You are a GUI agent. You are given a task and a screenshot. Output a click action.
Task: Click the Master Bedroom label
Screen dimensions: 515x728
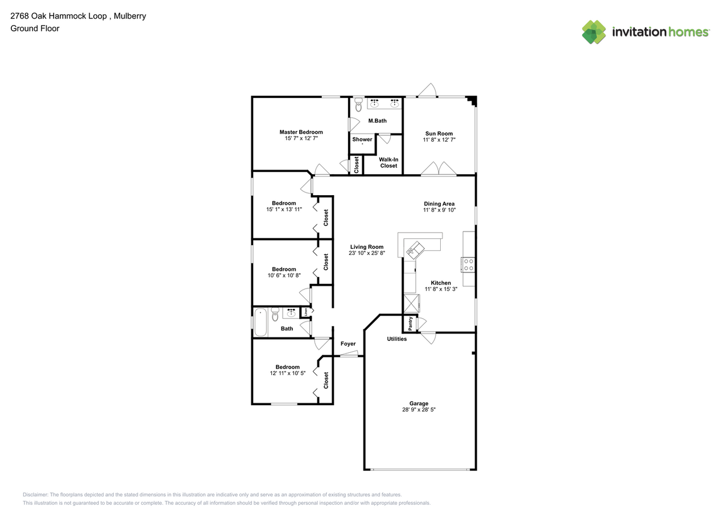[x=301, y=132]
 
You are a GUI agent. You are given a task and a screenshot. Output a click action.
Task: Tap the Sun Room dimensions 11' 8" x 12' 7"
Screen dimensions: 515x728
[x=439, y=139]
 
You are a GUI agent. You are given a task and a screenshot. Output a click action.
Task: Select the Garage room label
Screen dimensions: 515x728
[x=419, y=403]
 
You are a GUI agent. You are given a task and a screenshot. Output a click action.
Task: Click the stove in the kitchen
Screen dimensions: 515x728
[x=469, y=264]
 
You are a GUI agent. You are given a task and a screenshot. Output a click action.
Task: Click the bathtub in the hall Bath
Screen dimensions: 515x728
[x=260, y=322]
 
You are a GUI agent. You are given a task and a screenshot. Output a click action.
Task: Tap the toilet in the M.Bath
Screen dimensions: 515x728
[x=358, y=105]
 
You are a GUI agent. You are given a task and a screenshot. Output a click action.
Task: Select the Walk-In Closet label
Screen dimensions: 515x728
[x=388, y=163]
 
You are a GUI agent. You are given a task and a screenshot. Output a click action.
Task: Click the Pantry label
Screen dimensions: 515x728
[x=410, y=323]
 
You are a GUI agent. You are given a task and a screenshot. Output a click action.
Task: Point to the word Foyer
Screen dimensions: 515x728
[x=348, y=344]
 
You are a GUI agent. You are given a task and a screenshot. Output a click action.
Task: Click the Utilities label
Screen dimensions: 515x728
[x=397, y=339]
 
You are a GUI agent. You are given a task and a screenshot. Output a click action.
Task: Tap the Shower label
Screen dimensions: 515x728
[x=362, y=139]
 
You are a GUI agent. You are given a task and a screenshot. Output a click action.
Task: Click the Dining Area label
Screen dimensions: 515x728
[x=439, y=204]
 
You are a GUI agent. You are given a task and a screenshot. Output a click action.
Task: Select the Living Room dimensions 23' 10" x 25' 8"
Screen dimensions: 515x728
[x=367, y=253]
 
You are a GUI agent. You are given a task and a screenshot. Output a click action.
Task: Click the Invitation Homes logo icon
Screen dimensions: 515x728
[x=594, y=32]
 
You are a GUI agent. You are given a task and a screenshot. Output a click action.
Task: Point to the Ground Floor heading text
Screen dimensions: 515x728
[x=35, y=28]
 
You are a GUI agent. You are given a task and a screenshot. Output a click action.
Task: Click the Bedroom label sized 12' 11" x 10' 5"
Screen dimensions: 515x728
[x=287, y=367]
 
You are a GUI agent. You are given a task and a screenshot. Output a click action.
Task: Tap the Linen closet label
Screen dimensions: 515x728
[x=306, y=312]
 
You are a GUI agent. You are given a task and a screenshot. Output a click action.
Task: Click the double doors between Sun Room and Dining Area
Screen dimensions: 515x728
[x=439, y=169]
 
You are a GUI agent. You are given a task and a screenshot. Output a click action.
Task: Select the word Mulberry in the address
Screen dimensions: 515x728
[x=130, y=16]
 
